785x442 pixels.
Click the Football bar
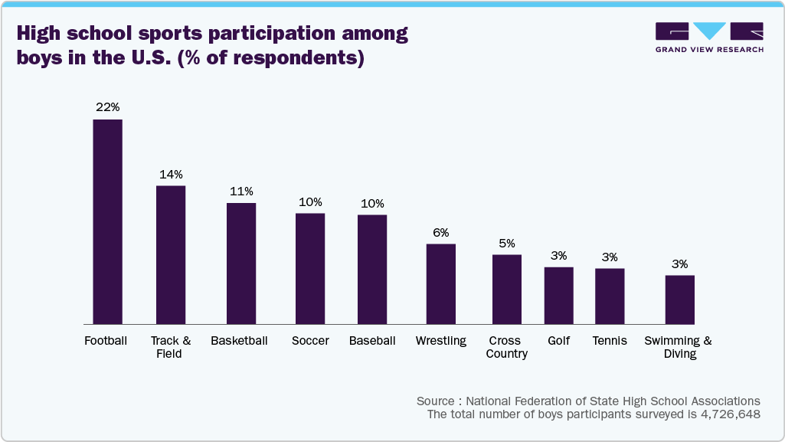108,221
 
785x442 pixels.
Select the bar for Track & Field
171,254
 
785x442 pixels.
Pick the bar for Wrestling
441,283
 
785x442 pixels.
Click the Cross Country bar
507,289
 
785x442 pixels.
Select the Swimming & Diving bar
679,300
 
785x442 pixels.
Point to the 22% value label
108,107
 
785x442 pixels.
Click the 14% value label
171,174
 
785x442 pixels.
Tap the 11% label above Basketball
241,192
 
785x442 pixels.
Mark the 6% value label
441,232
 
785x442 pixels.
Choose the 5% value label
507,244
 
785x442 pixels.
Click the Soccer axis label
310,341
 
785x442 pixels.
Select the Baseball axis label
372,341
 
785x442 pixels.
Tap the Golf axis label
558,341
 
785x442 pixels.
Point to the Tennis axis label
610,341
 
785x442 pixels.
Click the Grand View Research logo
709,37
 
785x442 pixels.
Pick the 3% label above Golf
558,256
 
